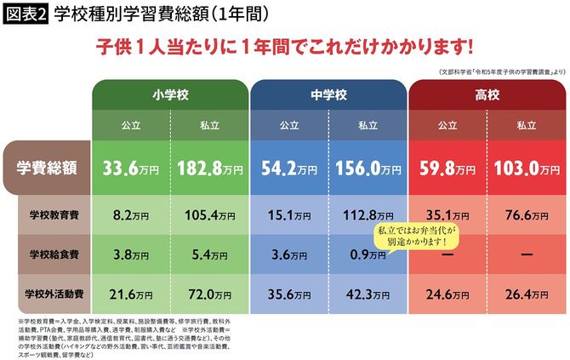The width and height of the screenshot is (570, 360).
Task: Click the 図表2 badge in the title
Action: tap(25, 14)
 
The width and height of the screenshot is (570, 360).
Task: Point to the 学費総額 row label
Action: tap(49, 169)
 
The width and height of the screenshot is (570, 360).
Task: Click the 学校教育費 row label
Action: tap(55, 214)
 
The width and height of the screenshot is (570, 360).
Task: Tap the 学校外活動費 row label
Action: tap(55, 294)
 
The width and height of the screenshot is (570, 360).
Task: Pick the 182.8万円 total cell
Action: tap(209, 169)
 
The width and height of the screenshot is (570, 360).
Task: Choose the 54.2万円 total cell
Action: tap(289, 169)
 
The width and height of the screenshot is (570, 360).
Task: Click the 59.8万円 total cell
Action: tap(447, 169)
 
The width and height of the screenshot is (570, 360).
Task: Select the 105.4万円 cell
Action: tap(209, 215)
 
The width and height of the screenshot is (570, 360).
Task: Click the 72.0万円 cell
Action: tap(209, 294)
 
